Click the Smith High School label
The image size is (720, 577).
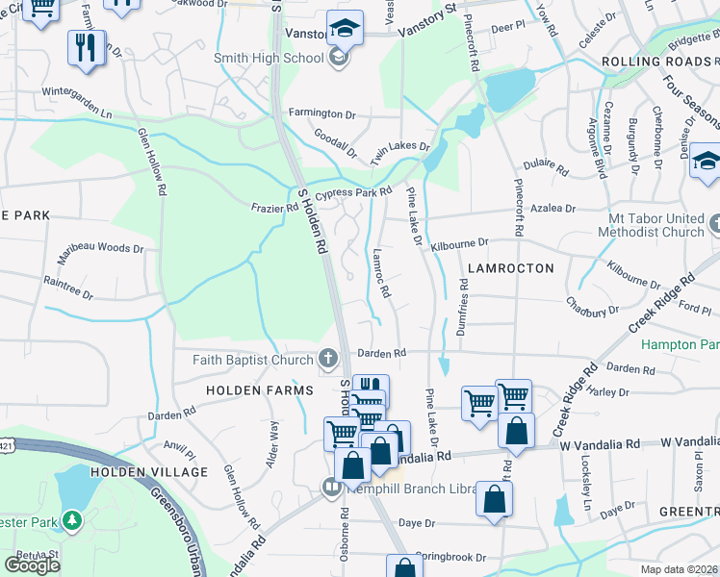(269, 58)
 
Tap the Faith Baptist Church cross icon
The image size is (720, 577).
(328, 360)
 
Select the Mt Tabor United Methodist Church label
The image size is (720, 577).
(651, 224)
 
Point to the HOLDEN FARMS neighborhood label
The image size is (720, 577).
(259, 390)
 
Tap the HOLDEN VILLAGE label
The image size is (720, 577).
(148, 472)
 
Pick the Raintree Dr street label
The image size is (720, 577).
(68, 288)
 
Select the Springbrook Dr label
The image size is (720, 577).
(453, 557)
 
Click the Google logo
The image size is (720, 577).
(32, 564)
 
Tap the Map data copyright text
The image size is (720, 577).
(680, 569)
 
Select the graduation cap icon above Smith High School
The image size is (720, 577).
(345, 29)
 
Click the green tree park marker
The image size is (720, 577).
(71, 520)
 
